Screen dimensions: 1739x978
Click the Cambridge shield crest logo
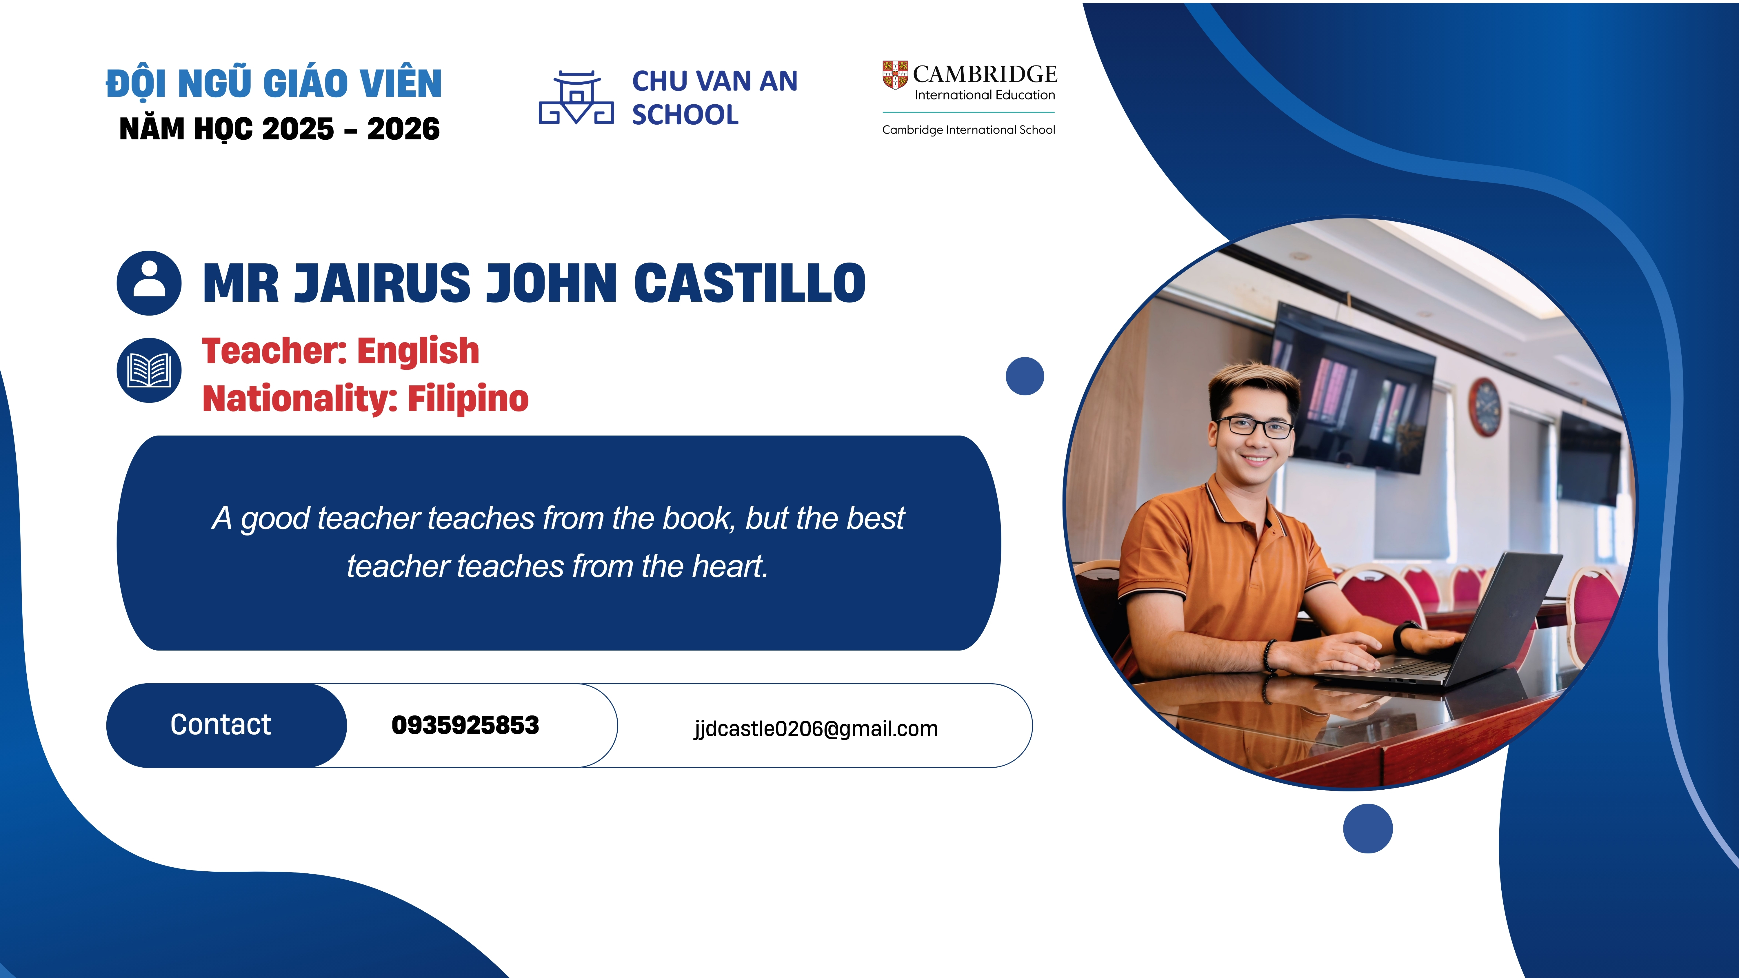click(895, 75)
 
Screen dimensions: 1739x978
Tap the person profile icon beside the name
click(149, 283)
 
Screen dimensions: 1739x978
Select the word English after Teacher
click(418, 352)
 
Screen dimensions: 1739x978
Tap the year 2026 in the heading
click(404, 129)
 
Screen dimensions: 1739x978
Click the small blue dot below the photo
click(1368, 828)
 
